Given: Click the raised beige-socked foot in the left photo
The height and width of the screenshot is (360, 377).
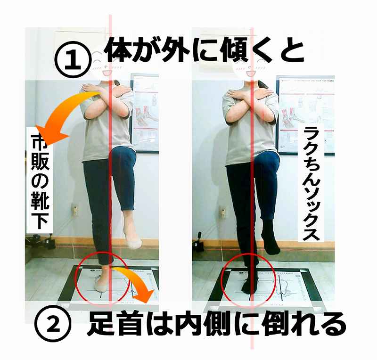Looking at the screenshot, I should coord(131,238).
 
